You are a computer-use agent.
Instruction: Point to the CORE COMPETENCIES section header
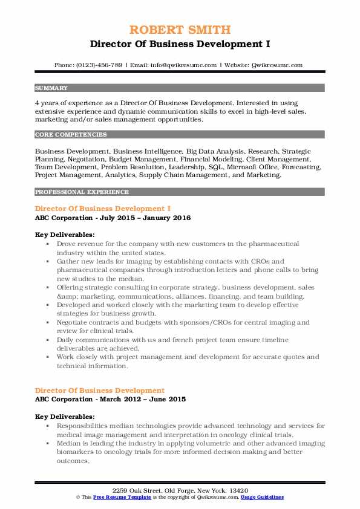tap(71, 135)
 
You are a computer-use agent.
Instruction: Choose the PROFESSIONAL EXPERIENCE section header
tap(82, 192)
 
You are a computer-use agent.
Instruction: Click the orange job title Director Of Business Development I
tap(99, 209)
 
